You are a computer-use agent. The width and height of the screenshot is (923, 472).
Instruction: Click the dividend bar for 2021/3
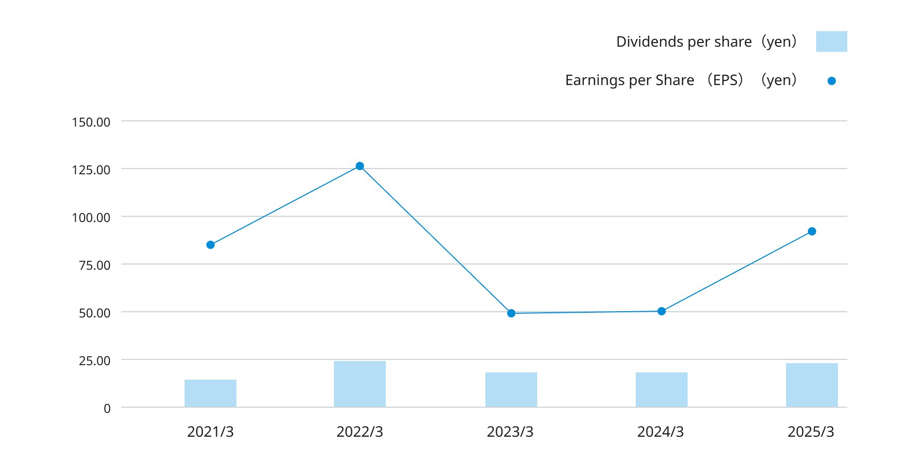[211, 393]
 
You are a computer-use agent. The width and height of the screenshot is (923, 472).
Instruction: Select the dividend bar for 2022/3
[360, 384]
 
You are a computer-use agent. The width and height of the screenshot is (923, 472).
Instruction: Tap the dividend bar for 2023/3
[511, 390]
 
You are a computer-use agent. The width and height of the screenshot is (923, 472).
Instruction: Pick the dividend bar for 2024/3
[662, 390]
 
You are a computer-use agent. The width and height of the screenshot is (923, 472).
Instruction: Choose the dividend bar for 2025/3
[812, 385]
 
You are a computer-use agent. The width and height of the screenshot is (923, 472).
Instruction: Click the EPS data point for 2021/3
[211, 245]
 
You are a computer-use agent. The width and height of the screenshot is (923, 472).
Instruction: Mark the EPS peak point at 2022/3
[360, 166]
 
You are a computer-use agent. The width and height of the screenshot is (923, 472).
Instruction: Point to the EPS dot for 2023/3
[511, 313]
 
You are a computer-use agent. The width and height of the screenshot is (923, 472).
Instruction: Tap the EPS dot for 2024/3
[662, 311]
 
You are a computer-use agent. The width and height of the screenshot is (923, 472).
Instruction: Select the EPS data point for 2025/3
[812, 231]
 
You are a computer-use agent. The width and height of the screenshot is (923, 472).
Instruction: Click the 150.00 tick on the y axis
[91, 122]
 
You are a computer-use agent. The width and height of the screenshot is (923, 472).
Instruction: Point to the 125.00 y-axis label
[91, 170]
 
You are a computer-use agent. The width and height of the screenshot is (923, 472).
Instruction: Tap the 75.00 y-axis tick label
[94, 266]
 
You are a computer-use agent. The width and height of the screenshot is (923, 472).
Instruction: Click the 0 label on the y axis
[107, 409]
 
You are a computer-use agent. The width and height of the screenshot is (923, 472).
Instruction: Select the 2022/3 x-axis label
[360, 432]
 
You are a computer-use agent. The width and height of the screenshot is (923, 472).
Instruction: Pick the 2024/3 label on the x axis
[661, 432]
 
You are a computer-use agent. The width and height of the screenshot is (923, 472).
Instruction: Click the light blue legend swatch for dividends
[832, 41]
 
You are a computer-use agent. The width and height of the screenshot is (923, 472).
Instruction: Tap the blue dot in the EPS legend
[832, 81]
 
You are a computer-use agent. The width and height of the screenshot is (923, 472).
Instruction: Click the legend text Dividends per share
[683, 41]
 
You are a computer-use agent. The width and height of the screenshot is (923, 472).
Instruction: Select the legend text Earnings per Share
[630, 80]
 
